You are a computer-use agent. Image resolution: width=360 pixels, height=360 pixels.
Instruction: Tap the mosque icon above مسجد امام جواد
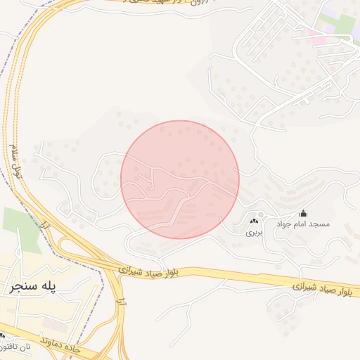pos(303,213)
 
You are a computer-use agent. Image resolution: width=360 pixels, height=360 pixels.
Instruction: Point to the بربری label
pos(252,232)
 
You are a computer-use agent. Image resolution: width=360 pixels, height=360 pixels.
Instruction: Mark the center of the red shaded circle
pos(180,179)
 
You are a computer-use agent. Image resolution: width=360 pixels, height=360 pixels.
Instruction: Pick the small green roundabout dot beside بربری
pos(259,214)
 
